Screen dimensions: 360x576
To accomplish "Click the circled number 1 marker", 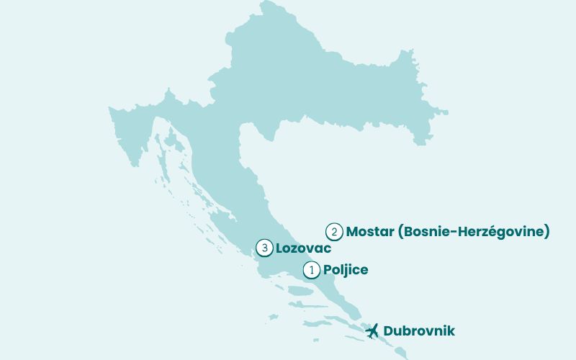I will click(x=311, y=270).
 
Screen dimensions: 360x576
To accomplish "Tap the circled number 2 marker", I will click(x=333, y=232).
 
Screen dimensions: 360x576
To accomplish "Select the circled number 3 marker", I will click(x=264, y=248).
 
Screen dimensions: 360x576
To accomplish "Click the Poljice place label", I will click(x=346, y=270).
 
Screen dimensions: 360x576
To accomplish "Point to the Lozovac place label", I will click(x=303, y=248).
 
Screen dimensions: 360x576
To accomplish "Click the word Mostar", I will click(x=370, y=232).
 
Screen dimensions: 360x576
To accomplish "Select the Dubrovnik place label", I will click(x=419, y=331).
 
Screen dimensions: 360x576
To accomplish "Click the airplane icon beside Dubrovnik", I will click(x=372, y=331).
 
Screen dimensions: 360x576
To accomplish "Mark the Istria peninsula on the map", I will click(x=130, y=137).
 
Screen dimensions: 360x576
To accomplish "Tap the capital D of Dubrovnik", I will click(x=389, y=331).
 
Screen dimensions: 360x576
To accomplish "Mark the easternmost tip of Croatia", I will click(x=446, y=112).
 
